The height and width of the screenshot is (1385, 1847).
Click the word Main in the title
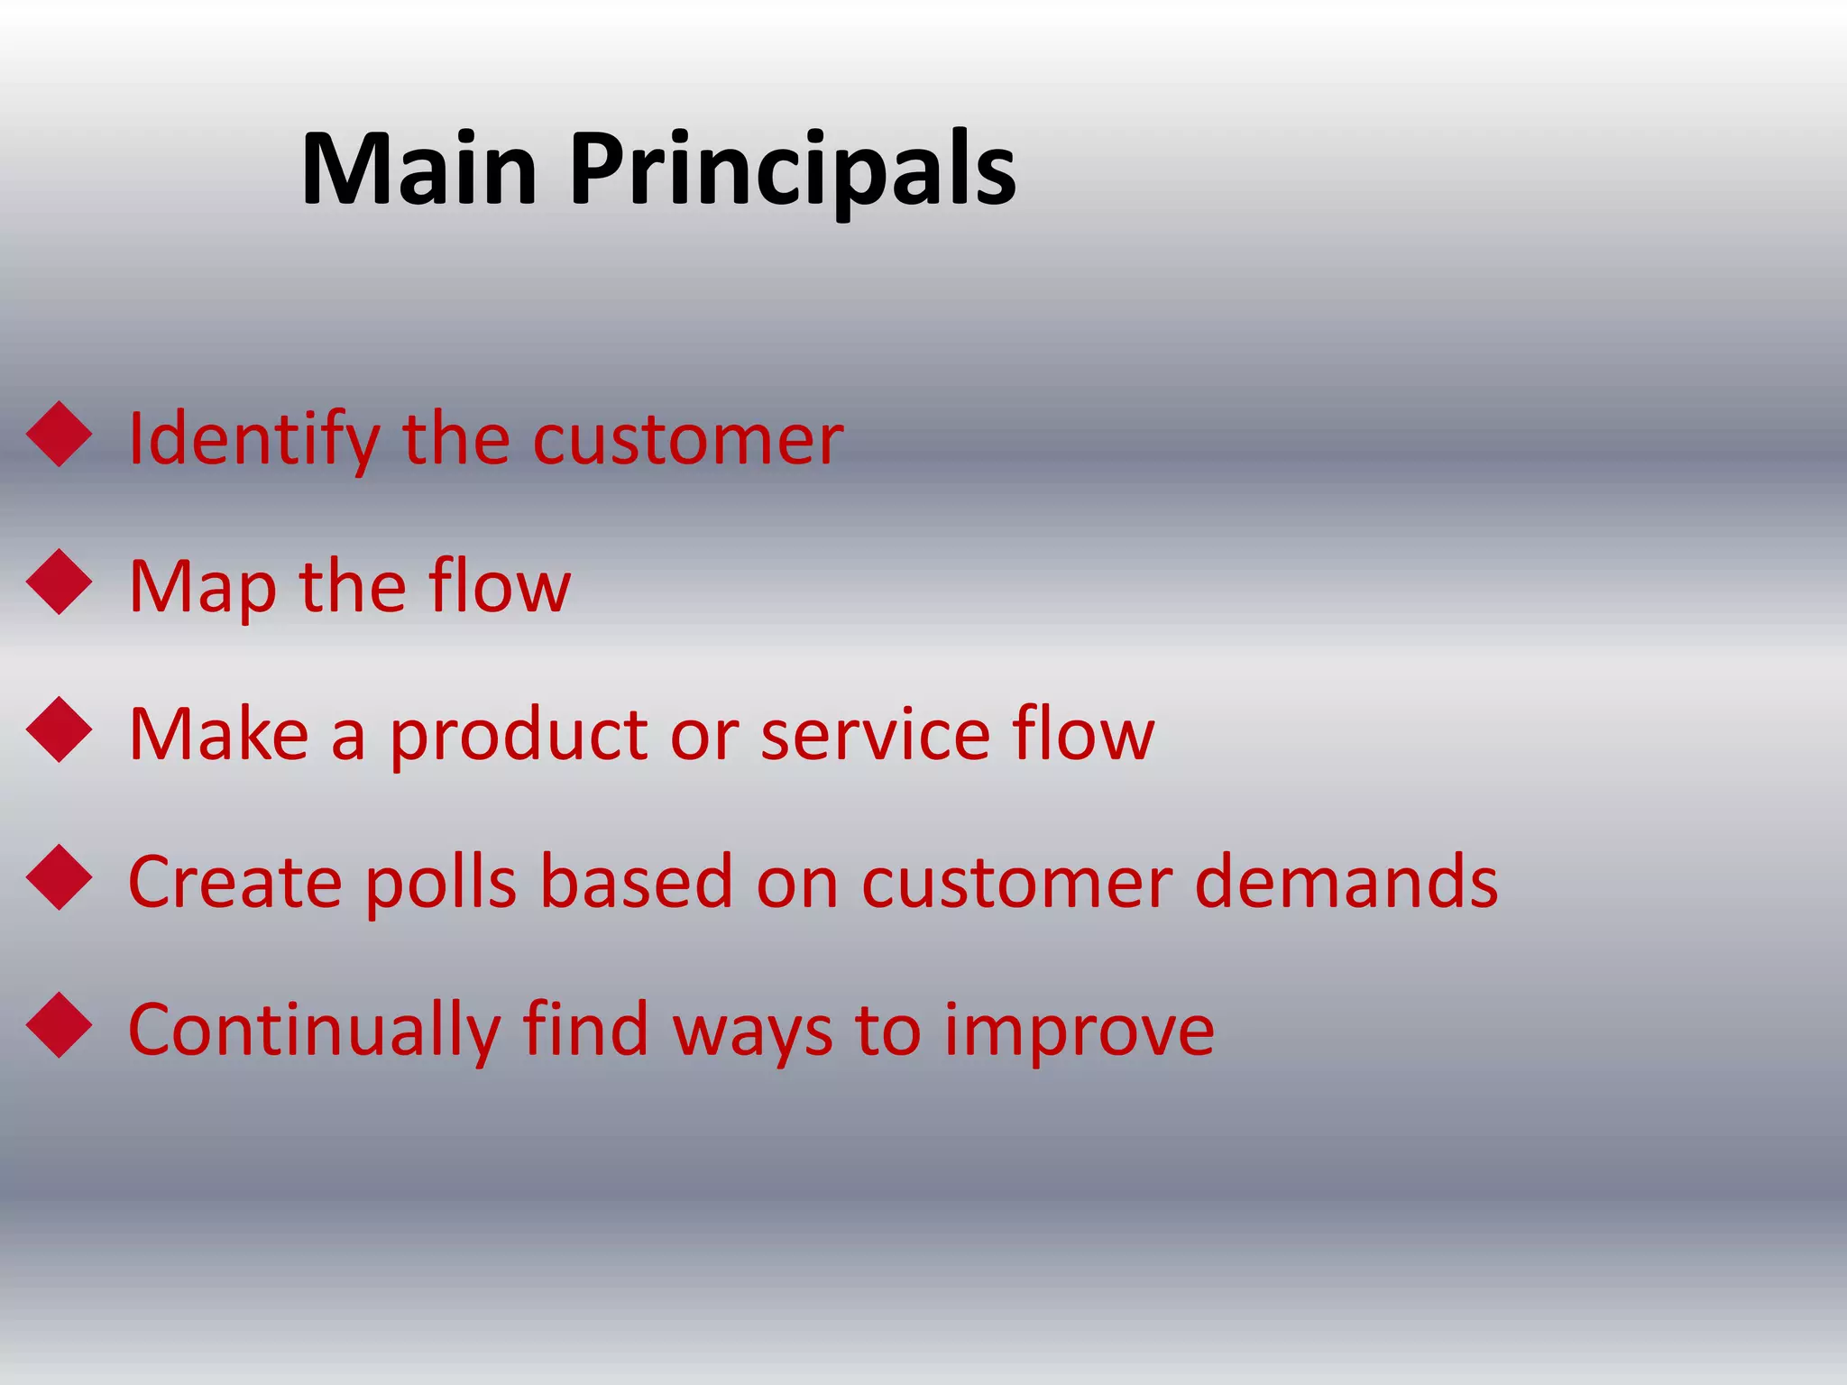tap(419, 170)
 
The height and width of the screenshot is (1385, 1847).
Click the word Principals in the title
tap(793, 170)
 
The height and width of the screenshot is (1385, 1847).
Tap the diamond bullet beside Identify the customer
tap(60, 434)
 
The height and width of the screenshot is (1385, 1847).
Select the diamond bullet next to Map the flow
tap(60, 582)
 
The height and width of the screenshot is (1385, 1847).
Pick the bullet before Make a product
tap(60, 729)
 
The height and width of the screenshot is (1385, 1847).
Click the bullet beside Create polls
tap(60, 877)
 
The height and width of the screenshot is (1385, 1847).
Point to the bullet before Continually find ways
tap(60, 1025)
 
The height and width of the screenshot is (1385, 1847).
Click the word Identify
tap(253, 439)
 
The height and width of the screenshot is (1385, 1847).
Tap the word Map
tap(202, 587)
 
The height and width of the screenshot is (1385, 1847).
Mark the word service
tap(874, 735)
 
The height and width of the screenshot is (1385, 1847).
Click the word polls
tap(441, 882)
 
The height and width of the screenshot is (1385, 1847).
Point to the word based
tap(636, 882)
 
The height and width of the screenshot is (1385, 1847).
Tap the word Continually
tap(314, 1030)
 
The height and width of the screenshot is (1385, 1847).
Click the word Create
tap(235, 882)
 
